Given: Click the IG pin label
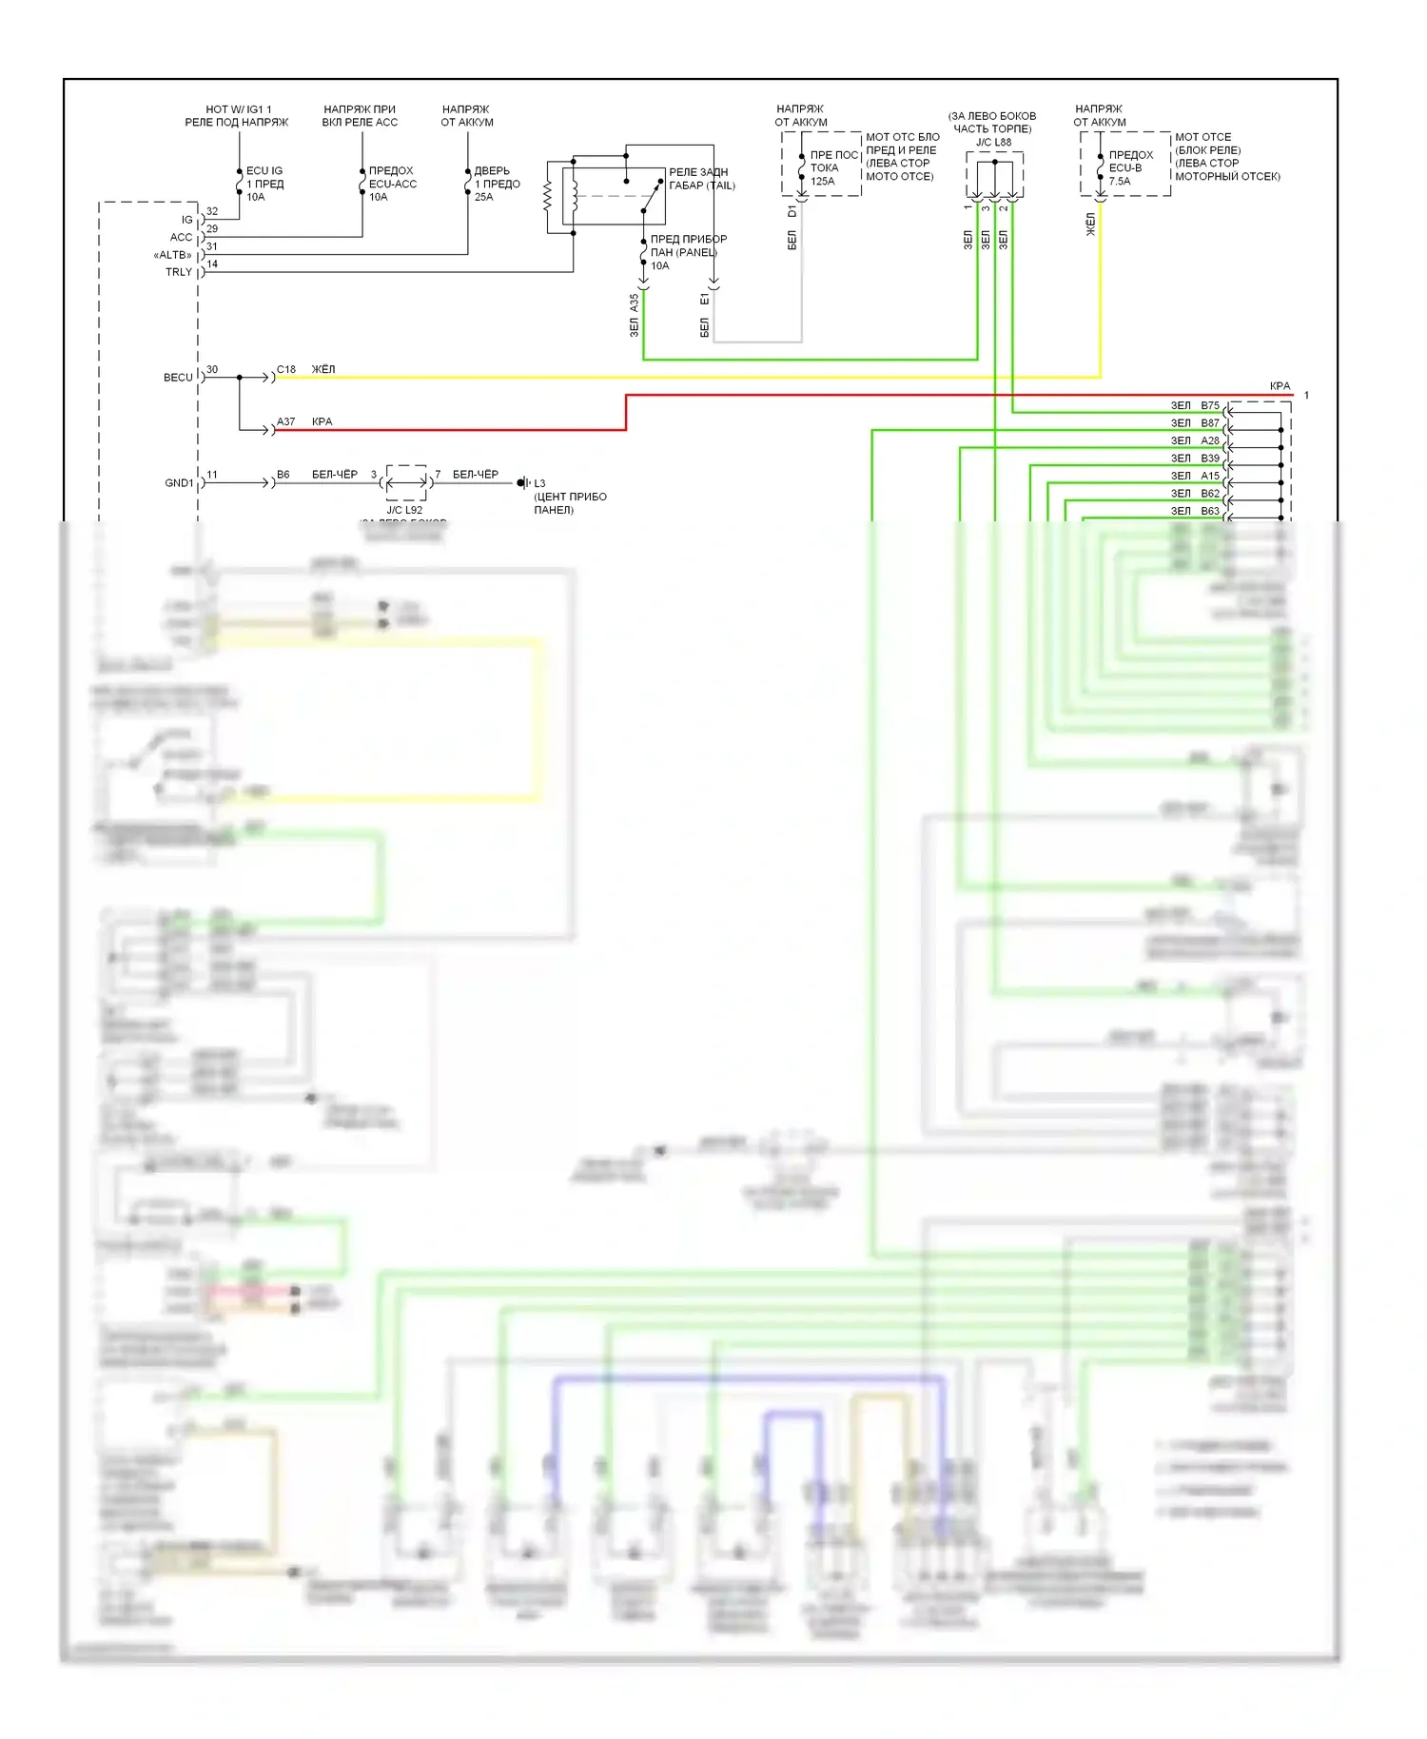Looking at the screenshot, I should [x=186, y=220].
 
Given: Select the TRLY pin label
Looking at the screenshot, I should [x=179, y=272].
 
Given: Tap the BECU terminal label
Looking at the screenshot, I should [x=178, y=378].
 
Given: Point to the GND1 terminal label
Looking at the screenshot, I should [x=179, y=483].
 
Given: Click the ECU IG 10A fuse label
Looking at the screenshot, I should [x=264, y=184].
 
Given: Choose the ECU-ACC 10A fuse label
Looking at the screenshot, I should [x=392, y=184].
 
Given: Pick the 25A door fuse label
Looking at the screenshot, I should [x=497, y=184].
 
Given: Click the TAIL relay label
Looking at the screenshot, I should [x=701, y=179].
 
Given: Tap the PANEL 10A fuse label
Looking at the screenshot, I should [x=688, y=252].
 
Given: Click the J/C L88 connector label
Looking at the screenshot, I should [x=993, y=143].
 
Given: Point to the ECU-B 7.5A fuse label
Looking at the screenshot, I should [x=1130, y=167].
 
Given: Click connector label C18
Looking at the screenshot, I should [x=286, y=369].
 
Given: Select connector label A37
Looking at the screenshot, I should [x=286, y=421].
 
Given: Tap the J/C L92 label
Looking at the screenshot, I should [x=404, y=510].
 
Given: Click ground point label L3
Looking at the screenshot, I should [x=539, y=483].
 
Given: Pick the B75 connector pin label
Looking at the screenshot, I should [x=1209, y=405].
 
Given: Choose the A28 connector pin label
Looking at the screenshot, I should [x=1209, y=440].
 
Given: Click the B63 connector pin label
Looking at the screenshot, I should [x=1209, y=511].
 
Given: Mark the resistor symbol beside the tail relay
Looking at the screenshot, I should [x=547, y=197].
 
